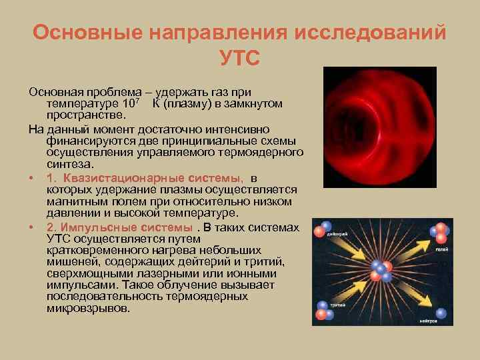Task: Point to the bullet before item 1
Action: tap(32, 177)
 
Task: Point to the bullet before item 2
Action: tap(32, 228)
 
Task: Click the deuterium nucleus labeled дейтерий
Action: tap(327, 231)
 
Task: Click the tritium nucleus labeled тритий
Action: tap(324, 311)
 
